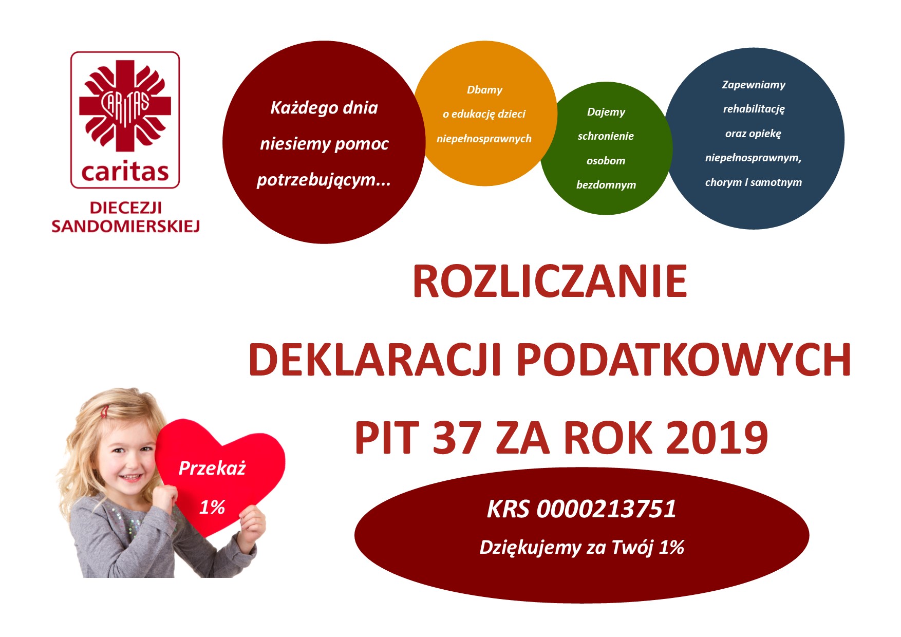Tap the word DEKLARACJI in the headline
tap(375, 360)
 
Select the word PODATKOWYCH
tap(683, 360)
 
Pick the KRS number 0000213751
tap(606, 509)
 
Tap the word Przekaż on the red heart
tap(212, 468)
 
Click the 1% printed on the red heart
tap(212, 507)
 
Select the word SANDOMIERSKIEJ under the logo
tap(125, 226)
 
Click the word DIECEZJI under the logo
tap(125, 208)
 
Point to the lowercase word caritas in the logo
tap(125, 172)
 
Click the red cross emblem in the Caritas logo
tap(125, 105)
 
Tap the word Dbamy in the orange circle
tap(484, 90)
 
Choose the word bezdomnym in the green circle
tap(606, 185)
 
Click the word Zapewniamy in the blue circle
tap(754, 85)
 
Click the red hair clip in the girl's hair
tap(105, 411)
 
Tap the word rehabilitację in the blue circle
tap(754, 109)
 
